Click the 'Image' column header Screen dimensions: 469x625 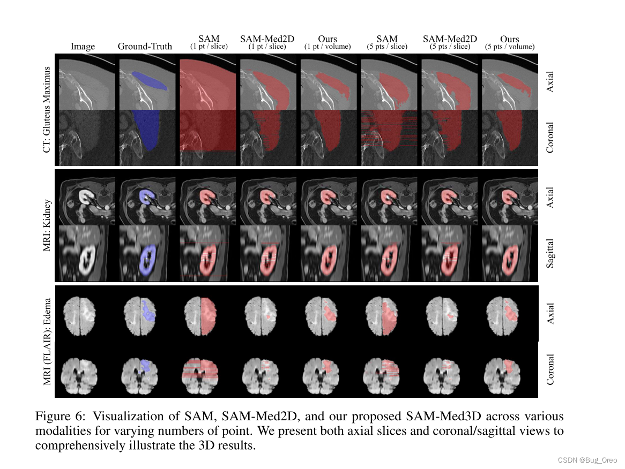pyautogui.click(x=83, y=47)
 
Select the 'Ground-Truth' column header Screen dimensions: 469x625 pyautogui.click(x=145, y=47)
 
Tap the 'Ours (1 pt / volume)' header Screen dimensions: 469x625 pyautogui.click(x=327, y=42)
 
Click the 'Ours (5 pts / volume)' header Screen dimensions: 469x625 pyautogui.click(x=509, y=42)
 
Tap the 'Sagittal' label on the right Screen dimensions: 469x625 pyautogui.click(x=550, y=254)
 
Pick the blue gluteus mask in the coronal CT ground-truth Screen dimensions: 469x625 pyautogui.click(x=147, y=131)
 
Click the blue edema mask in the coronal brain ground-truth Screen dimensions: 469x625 pyautogui.click(x=145, y=366)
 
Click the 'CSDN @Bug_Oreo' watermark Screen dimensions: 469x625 pyautogui.click(x=587, y=460)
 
